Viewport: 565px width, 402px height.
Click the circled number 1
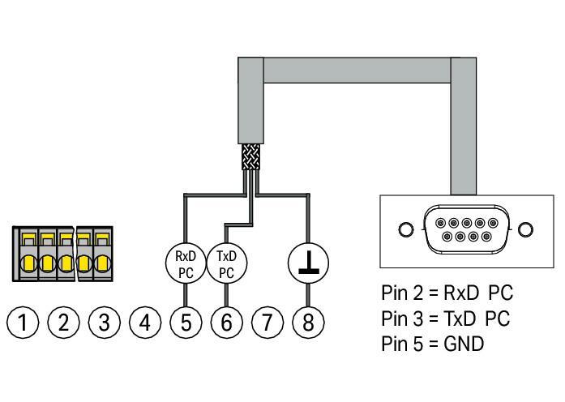point(24,323)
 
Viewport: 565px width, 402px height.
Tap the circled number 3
point(105,323)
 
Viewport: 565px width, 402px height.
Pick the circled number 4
point(145,323)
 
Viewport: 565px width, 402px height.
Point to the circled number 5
point(186,323)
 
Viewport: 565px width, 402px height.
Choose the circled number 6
point(226,323)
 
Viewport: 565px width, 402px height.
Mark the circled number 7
point(267,323)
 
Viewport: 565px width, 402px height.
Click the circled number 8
point(307,323)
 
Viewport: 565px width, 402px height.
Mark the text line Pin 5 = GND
point(432,344)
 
